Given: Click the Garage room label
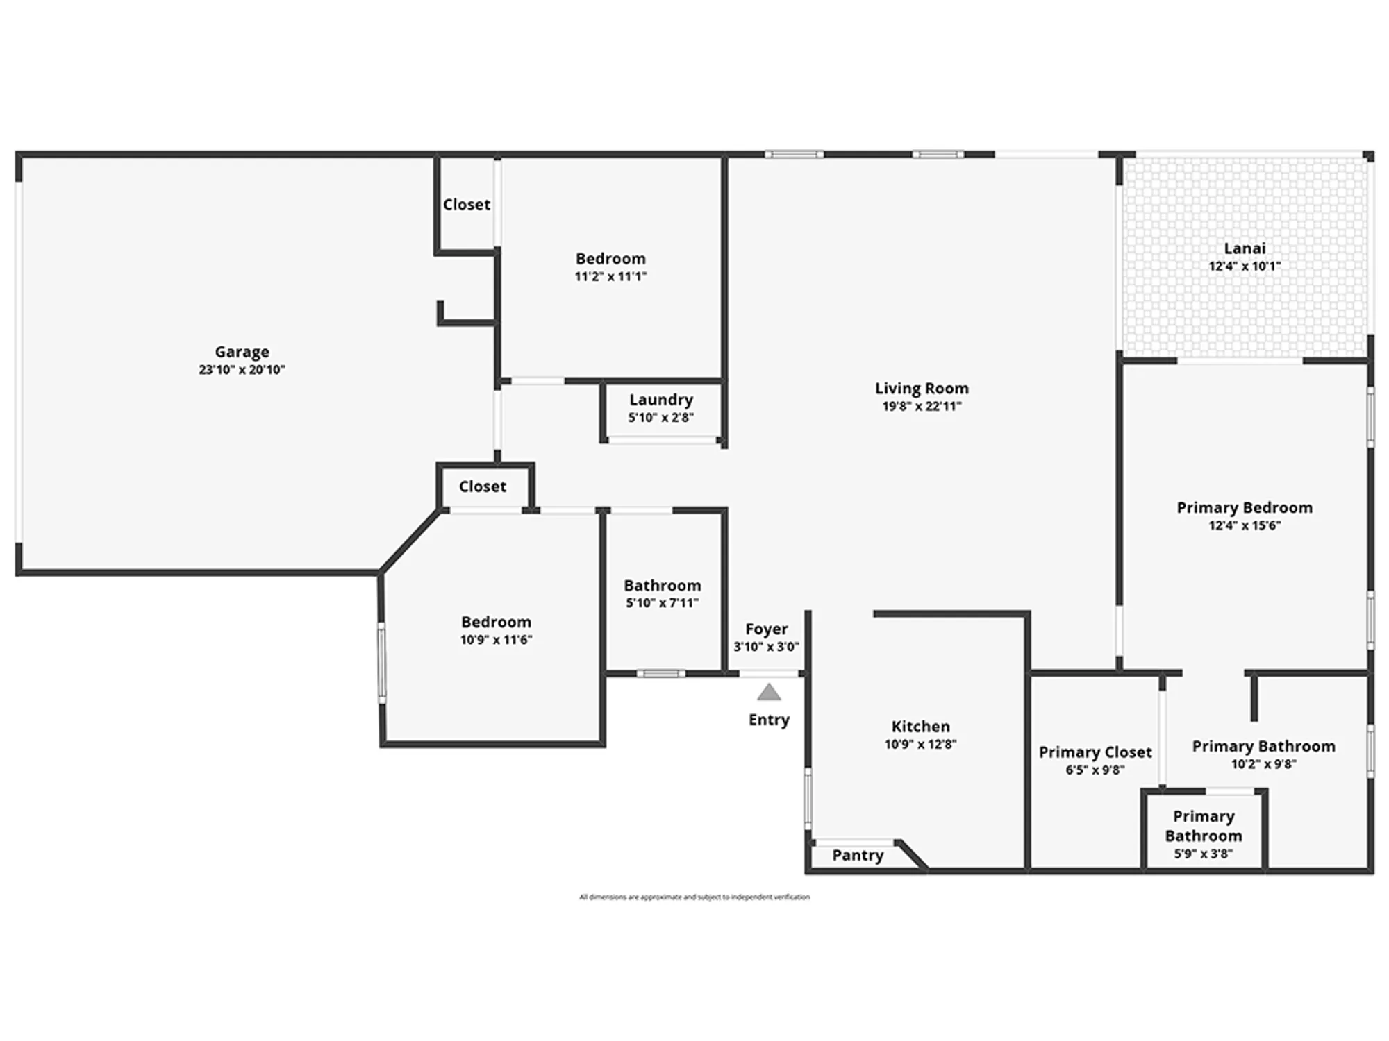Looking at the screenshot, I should [242, 352].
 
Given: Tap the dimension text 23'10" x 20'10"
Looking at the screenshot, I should [242, 370].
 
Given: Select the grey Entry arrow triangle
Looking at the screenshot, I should [769, 693].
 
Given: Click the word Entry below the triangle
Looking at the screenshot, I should [769, 720].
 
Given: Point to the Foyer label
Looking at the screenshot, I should [766, 629].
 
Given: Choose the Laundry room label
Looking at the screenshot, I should [660, 400].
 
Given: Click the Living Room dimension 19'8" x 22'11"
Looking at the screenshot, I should [922, 407].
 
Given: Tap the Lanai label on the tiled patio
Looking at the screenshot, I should [1245, 248].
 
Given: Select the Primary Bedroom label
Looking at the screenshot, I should [1245, 507].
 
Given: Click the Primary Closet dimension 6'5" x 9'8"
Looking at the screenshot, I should [1095, 770].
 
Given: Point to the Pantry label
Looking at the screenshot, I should [858, 855].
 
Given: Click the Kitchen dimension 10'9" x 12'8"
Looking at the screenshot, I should [920, 745].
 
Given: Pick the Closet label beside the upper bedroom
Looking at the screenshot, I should [467, 205].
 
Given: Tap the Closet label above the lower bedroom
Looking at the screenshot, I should [483, 486].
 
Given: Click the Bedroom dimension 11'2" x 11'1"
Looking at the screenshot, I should [610, 277].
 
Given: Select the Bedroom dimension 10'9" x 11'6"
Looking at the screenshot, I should [496, 640].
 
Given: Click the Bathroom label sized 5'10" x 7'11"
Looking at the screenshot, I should [662, 585].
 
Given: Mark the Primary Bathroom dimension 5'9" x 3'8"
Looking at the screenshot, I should [1204, 854].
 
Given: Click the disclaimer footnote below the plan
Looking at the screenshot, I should [694, 897].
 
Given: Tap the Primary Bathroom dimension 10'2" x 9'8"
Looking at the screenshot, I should [1263, 764].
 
